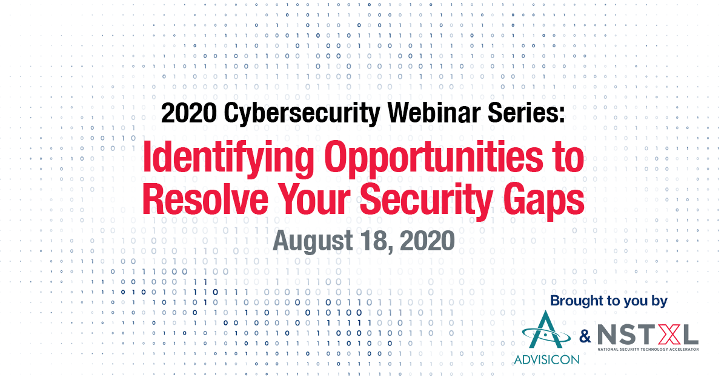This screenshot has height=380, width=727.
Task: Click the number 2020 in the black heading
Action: click(189, 112)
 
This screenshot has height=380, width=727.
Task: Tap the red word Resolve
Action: click(205, 198)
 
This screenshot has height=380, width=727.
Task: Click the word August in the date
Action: click(313, 242)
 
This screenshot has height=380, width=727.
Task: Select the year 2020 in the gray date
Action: click(427, 241)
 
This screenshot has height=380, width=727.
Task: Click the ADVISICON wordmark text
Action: click(547, 359)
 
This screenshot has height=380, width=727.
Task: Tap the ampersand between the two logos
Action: click(585, 336)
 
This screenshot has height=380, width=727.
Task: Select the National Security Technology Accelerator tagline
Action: click(648, 350)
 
